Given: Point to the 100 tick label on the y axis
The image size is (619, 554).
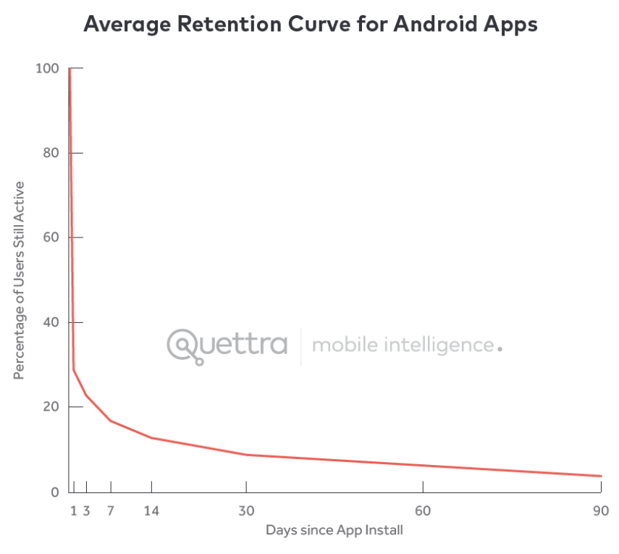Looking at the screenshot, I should tap(46, 68).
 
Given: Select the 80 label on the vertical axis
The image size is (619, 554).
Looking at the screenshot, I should tap(49, 153).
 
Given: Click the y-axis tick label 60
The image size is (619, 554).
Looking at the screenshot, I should tap(49, 238).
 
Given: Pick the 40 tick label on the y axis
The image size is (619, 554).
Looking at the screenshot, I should tap(49, 322).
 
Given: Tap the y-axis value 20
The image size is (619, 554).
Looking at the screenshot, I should tap(49, 407).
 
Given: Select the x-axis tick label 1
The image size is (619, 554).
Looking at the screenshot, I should tap(73, 511).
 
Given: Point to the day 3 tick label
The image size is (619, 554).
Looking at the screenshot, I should tap(86, 511).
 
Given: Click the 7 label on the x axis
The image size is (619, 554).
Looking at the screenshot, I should tap(111, 511).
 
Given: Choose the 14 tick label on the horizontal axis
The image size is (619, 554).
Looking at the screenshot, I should tap(151, 511).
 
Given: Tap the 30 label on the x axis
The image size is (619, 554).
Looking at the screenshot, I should tap(247, 511).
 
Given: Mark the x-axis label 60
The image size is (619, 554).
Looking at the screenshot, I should tap(424, 511).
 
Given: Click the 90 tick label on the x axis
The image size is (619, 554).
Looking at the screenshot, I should tap(600, 511).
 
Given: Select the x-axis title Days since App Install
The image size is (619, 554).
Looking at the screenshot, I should tap(334, 530).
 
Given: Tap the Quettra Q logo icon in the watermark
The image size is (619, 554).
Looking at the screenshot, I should tap(184, 345).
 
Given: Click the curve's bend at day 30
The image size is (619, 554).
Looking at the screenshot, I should tap(247, 455).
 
